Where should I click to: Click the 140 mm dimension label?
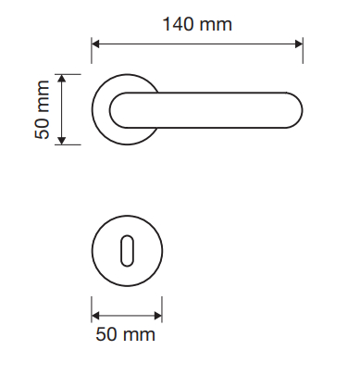tap(197, 24)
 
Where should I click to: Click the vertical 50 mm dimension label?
tap(43, 109)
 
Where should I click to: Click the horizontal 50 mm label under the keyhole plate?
tap(125, 334)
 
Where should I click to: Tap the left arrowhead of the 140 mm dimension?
tap(95, 44)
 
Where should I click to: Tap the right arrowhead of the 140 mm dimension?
tap(299, 44)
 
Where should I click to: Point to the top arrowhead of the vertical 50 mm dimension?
tap(62, 79)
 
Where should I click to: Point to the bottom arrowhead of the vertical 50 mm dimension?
tap(62, 141)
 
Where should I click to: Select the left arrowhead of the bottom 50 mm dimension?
tap(95, 316)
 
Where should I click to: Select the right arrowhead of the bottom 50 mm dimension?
tap(158, 316)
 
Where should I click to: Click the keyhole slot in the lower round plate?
tap(127, 251)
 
